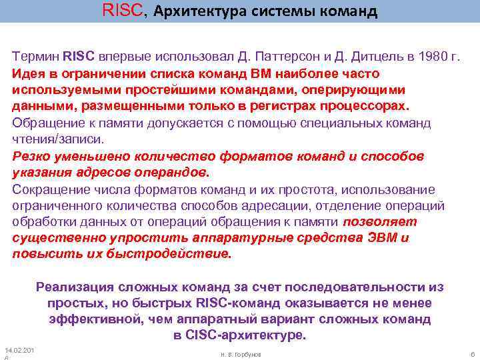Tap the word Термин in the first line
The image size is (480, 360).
pyautogui.click(x=36, y=57)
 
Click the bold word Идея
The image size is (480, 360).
pyautogui.click(x=27, y=73)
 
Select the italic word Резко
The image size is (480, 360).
pyautogui.click(x=30, y=156)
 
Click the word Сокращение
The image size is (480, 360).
pyautogui.click(x=47, y=189)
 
